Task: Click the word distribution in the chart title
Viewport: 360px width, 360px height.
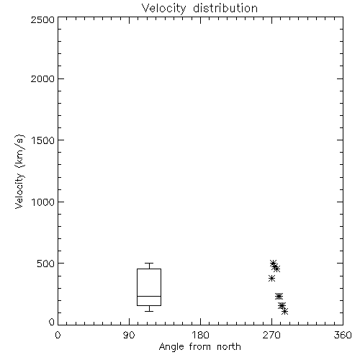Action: coord(225,8)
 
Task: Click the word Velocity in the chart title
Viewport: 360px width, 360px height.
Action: coord(163,9)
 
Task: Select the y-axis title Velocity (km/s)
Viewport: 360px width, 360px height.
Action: coord(19,172)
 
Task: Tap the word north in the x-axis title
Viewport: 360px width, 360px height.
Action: coord(229,346)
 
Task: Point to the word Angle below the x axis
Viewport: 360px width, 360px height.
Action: coord(171,347)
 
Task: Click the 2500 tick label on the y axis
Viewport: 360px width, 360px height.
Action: coord(42,19)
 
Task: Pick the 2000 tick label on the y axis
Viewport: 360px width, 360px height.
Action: coord(42,78)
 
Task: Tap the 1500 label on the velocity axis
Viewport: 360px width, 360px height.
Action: coord(43,140)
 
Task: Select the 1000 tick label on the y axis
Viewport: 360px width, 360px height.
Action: coord(43,202)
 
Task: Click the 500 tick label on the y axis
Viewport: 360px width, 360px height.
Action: coord(46,264)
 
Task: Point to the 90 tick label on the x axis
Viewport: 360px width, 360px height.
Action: coord(129,335)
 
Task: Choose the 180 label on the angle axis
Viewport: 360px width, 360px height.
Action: coord(200,335)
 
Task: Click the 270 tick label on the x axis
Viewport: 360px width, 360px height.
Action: coord(271,335)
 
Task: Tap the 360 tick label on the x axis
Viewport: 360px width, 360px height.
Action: coord(343,335)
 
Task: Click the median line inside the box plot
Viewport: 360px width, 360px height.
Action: coord(149,296)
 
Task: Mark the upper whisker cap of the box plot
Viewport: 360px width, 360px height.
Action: coord(149,263)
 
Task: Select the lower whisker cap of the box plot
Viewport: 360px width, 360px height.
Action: coord(149,311)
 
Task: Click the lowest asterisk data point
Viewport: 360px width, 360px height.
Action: coord(284,312)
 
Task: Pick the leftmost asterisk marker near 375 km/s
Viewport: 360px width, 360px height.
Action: coord(271,279)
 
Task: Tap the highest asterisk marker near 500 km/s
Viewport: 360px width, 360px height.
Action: coord(273,263)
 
